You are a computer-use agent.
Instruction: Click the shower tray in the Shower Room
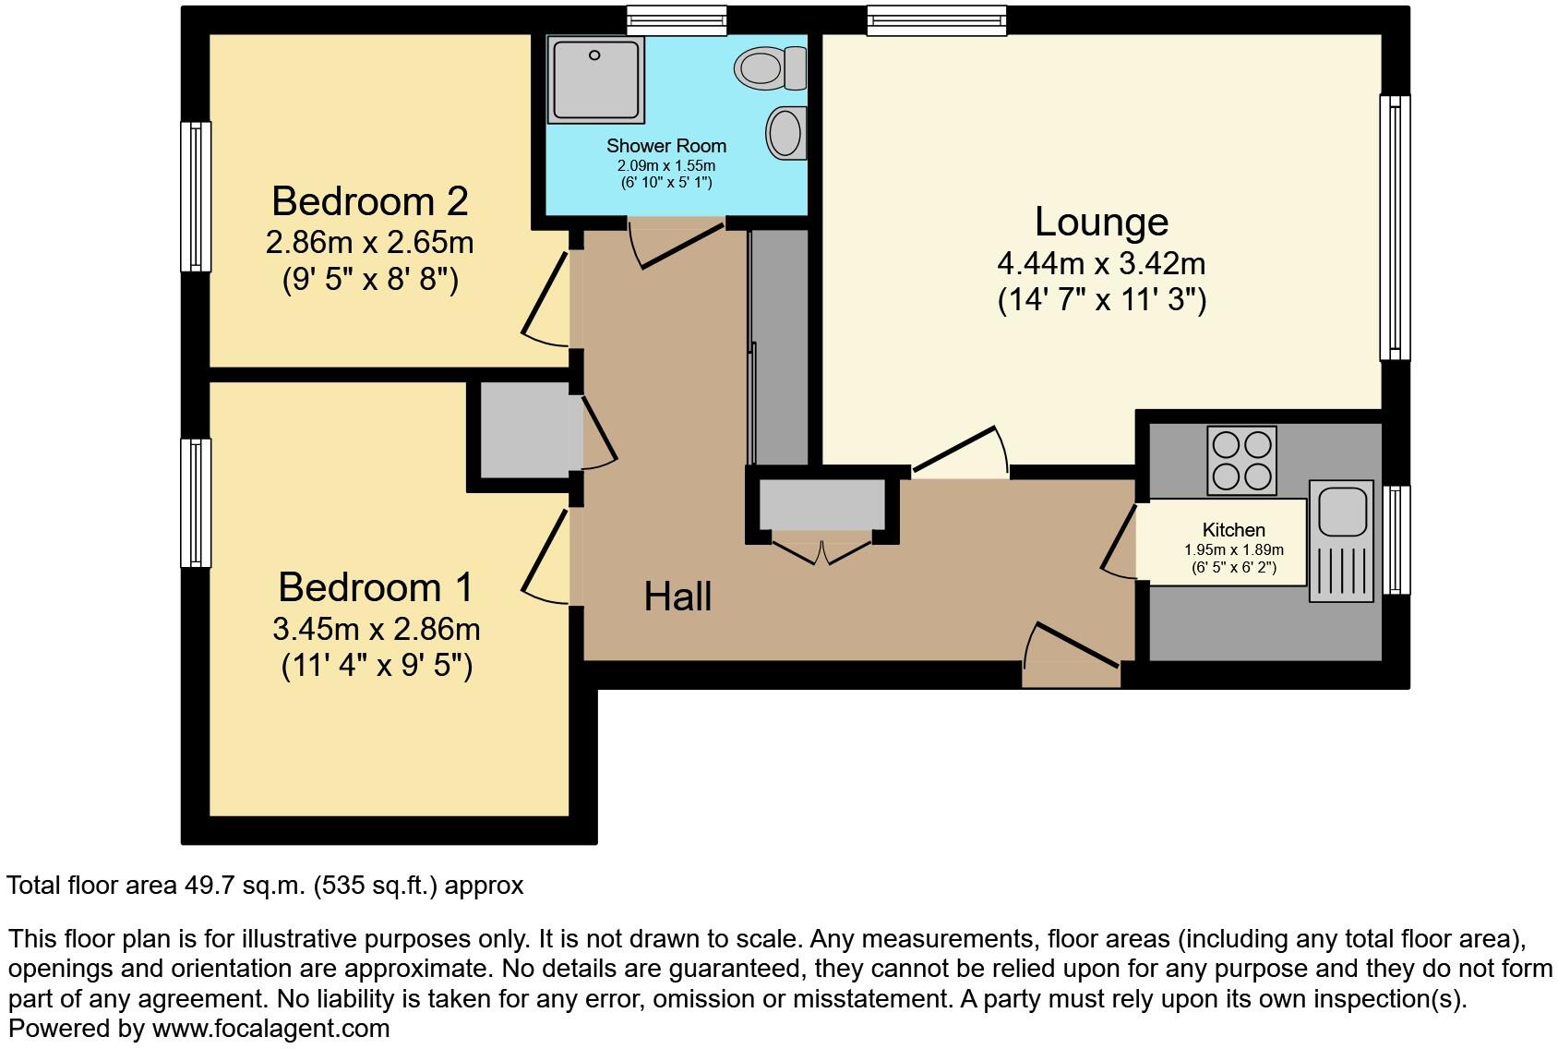[593, 79]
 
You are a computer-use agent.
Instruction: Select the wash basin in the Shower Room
[785, 132]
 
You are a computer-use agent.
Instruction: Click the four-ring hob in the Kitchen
[1241, 460]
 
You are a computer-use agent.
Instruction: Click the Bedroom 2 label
[369, 200]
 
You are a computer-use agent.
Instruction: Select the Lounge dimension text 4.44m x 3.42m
[1101, 264]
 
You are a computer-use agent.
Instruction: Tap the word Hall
[677, 597]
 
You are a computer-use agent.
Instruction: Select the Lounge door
[956, 452]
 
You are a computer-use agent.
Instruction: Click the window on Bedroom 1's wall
[195, 502]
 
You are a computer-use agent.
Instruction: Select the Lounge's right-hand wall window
[1395, 227]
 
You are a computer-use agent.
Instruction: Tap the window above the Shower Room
[676, 20]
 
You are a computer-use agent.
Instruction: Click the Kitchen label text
[1233, 530]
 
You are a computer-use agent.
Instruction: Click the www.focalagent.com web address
[270, 1028]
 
